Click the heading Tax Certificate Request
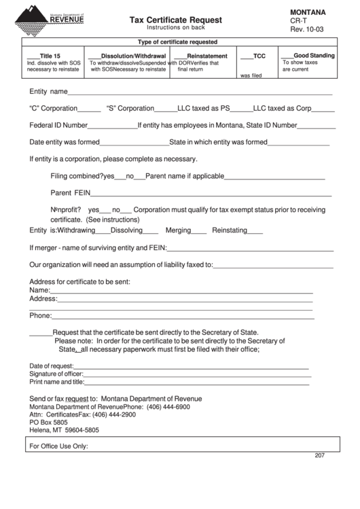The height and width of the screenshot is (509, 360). (175, 20)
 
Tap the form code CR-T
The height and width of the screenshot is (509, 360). (299, 21)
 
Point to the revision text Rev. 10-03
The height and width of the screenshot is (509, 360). (307, 30)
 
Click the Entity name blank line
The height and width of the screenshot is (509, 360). (200, 92)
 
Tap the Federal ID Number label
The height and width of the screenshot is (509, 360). (58, 125)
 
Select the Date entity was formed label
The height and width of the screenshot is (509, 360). (65, 142)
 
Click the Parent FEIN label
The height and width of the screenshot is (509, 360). (71, 192)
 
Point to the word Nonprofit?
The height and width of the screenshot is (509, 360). (66, 209)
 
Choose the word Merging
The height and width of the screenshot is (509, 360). (178, 230)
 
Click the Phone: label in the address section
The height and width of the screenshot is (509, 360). (40, 315)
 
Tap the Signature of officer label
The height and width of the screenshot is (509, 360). (56, 373)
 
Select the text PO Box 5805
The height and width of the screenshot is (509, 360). (48, 422)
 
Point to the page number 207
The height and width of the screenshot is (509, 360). (320, 455)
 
